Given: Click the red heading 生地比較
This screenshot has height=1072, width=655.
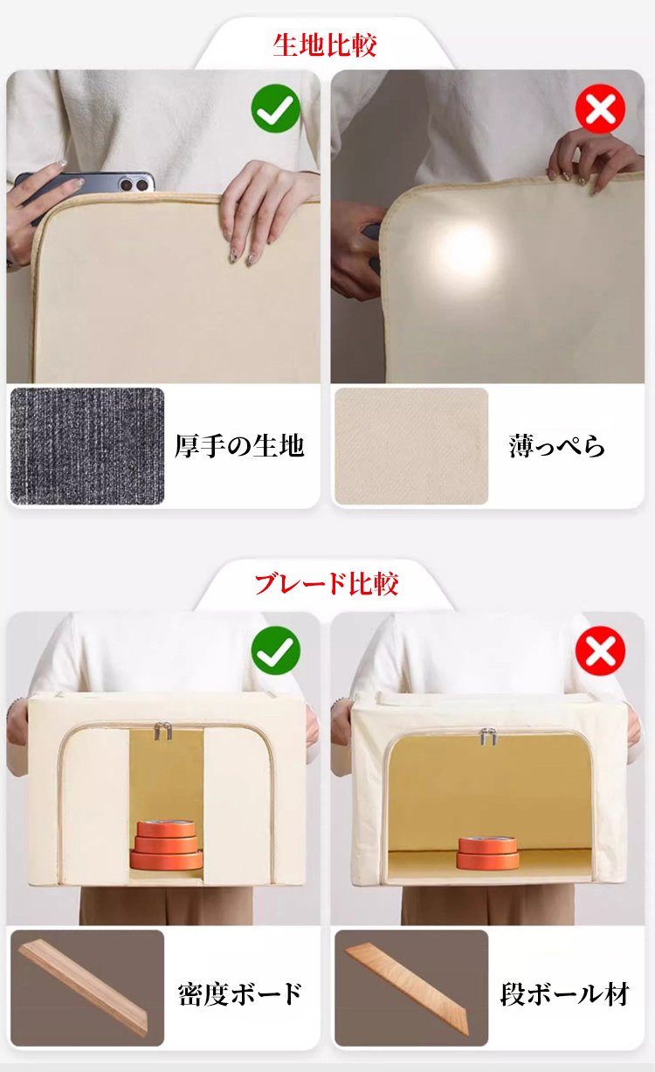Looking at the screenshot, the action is pyautogui.click(x=325, y=46).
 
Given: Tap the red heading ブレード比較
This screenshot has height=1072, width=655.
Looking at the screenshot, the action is pyautogui.click(x=326, y=584).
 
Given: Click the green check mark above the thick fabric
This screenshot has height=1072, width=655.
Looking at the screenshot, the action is pyautogui.click(x=276, y=108).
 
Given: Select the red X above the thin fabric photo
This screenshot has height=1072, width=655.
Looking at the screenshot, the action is pyautogui.click(x=600, y=108).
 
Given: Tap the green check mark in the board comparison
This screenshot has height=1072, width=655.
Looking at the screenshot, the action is pyautogui.click(x=276, y=650).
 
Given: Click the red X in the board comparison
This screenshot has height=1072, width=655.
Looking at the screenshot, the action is pyautogui.click(x=600, y=650).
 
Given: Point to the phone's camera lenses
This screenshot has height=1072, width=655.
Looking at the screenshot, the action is pyautogui.click(x=134, y=183).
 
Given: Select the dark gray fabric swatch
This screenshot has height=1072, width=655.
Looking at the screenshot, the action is pyautogui.click(x=87, y=446).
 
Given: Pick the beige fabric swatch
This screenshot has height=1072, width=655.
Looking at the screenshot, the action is pyautogui.click(x=411, y=446).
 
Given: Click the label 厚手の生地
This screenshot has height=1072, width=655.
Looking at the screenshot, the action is pyautogui.click(x=239, y=446).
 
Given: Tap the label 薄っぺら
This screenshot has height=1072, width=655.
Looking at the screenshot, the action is pyautogui.click(x=557, y=446).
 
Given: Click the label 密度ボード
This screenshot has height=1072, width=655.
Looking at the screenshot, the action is pyautogui.click(x=239, y=994).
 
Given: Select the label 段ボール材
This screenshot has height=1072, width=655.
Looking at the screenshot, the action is pyautogui.click(x=564, y=994).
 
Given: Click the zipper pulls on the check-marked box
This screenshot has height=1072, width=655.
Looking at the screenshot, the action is pyautogui.click(x=162, y=732).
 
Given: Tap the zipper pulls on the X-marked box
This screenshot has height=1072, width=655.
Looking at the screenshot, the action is pyautogui.click(x=487, y=736).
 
